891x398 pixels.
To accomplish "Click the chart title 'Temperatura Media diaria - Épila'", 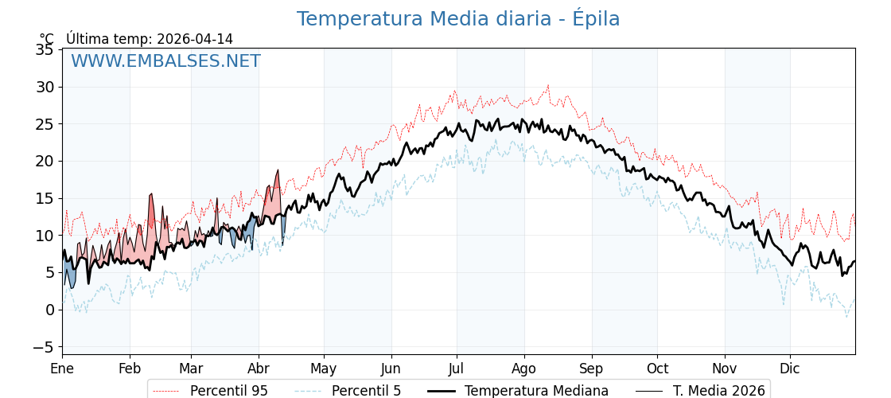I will point(457,19).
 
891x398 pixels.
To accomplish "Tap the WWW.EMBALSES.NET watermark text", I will point(165,61).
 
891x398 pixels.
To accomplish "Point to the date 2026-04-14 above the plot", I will point(195,39).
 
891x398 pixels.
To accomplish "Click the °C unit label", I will point(47,39).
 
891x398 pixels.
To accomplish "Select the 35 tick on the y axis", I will point(45,50).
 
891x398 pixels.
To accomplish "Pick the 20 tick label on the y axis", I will point(45,161).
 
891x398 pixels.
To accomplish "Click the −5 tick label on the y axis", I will point(41,347).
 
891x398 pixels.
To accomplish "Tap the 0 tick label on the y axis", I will point(49,310).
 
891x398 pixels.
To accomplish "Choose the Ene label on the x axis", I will point(62,369).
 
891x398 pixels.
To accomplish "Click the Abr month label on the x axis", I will point(259,369).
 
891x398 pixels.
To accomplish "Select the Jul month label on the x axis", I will point(457,369).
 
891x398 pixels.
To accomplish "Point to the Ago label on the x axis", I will point(524,369).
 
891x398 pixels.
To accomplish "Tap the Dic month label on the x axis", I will point(790,369).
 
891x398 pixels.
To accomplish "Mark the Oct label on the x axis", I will point(657,369).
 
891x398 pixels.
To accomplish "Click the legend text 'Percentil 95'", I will point(228,391).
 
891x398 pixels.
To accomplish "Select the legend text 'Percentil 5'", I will point(366,391).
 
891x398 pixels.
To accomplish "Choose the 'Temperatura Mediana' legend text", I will point(536,391).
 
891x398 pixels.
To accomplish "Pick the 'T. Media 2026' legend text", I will point(718,391).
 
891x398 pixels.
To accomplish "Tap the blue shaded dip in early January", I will point(70,275).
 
